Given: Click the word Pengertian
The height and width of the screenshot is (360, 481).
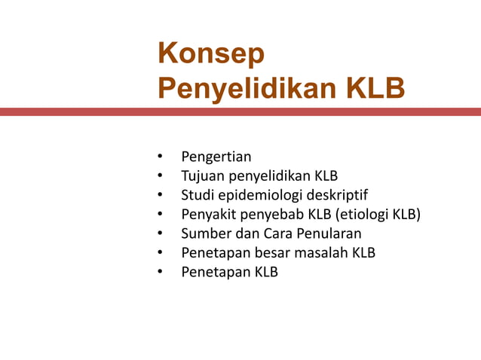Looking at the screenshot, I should click(x=216, y=157).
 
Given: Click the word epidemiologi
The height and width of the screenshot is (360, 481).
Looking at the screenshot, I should click(x=258, y=196).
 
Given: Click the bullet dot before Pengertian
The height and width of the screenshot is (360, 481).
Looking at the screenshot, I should click(x=160, y=157).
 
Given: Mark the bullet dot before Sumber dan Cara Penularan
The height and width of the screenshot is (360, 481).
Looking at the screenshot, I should click(x=160, y=233).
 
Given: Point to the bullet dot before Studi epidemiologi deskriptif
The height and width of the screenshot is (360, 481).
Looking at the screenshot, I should click(x=160, y=196).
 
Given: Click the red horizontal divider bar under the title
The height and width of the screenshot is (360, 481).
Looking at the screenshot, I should click(x=240, y=111).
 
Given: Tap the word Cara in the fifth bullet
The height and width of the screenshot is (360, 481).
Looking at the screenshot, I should click(x=274, y=233).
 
